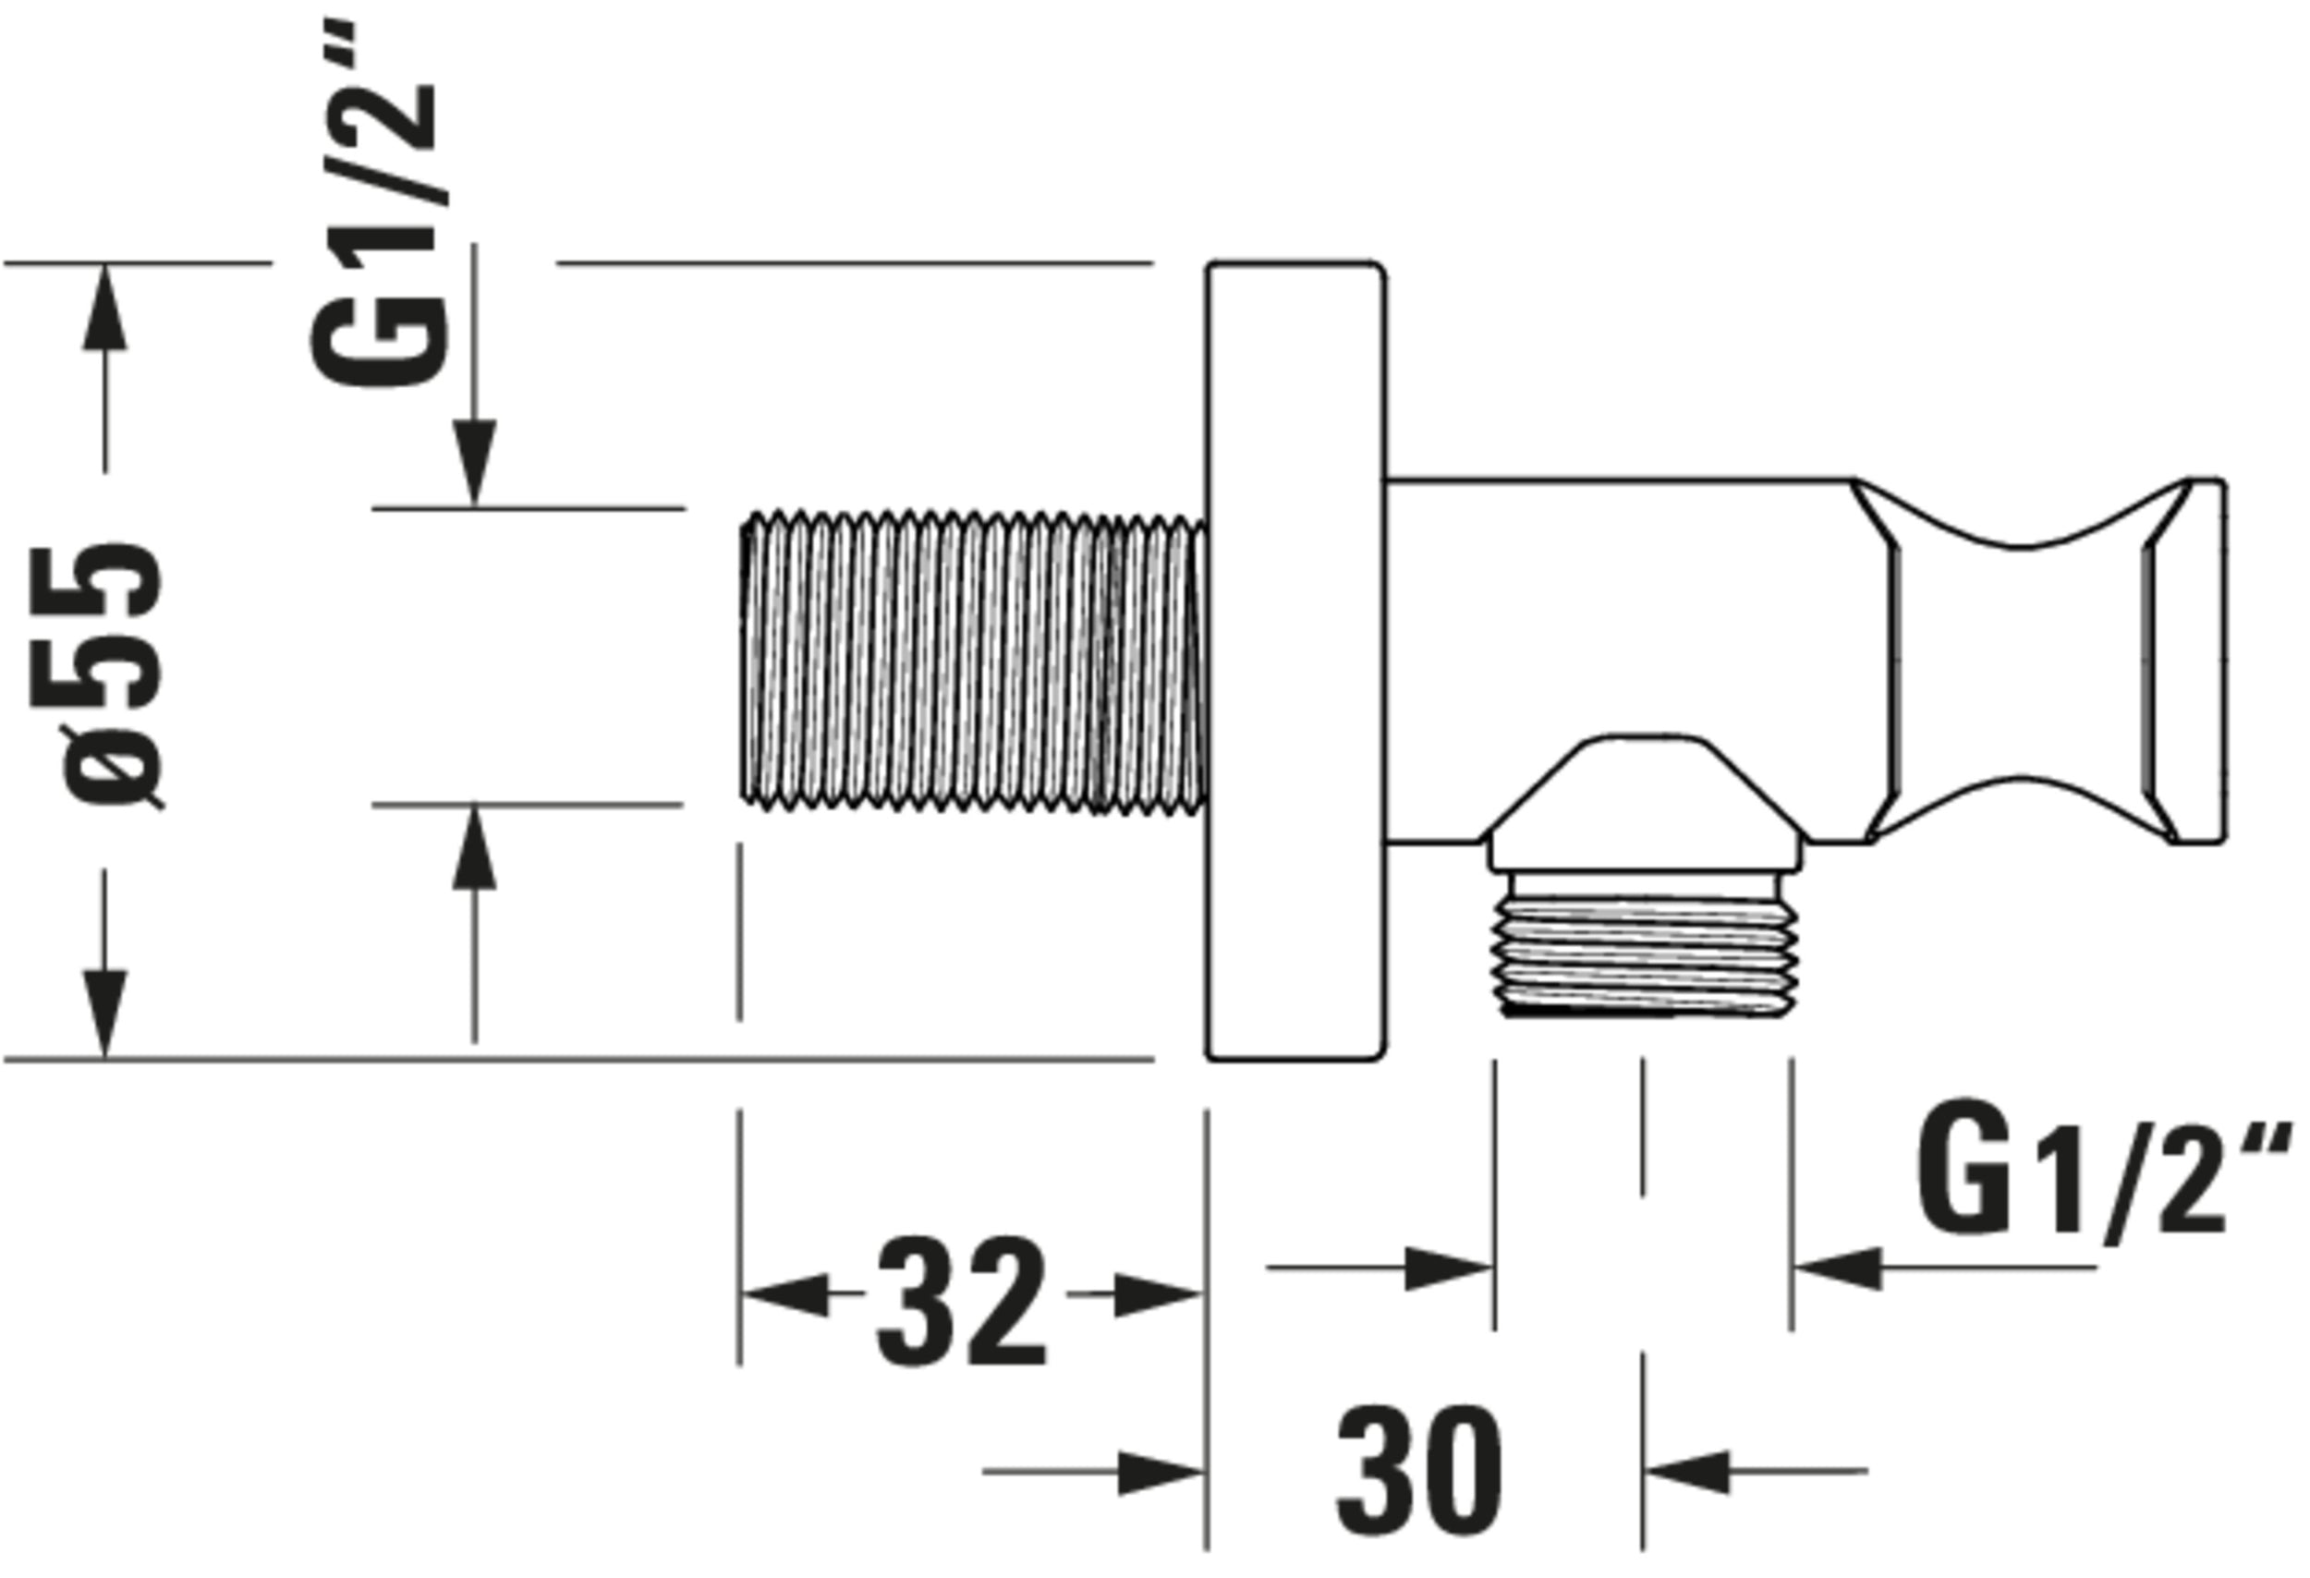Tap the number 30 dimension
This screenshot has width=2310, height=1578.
tap(1419, 1471)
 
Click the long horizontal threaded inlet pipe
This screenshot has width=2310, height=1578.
tap(974, 661)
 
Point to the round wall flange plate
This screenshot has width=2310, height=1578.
tap(1295, 661)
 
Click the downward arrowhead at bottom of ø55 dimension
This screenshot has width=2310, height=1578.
tap(104, 1014)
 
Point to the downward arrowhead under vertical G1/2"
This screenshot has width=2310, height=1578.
tap(474, 462)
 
